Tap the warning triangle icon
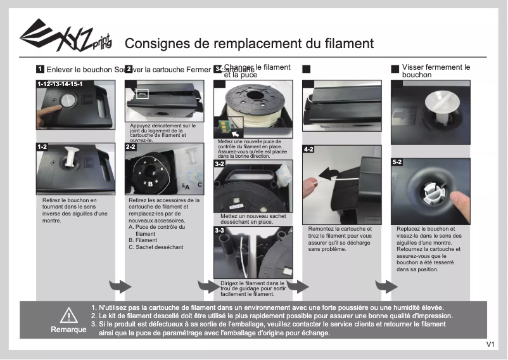pos(68,315)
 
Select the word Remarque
pos(68,330)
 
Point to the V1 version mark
pos(490,345)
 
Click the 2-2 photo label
pos(131,147)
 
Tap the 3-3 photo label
pos(220,231)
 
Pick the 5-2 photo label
pos(397,162)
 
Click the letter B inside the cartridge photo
pos(150,184)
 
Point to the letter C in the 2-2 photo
pos(200,184)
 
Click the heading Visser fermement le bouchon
pos(436,71)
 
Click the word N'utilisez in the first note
pos(115,307)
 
